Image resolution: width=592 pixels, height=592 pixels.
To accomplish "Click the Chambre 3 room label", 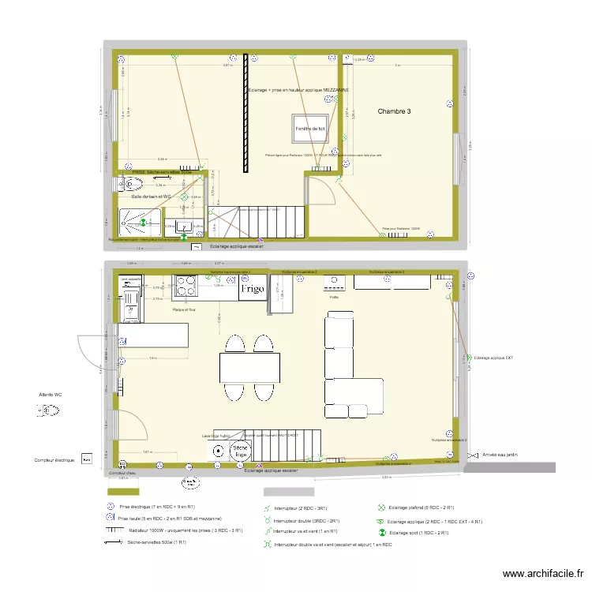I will [394, 111].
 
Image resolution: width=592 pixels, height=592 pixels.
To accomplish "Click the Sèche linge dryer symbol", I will [242, 451].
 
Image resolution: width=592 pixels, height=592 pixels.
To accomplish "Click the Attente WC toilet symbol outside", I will [48, 410].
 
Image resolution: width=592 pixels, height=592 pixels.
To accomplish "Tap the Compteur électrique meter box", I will [87, 458].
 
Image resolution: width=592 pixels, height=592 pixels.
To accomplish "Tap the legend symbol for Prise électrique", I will [111, 506].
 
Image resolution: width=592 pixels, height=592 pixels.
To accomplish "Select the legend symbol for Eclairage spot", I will [381, 534].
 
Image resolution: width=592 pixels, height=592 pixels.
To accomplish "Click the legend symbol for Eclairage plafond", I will [381, 508].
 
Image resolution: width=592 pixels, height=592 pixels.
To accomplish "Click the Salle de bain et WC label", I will [151, 197].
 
